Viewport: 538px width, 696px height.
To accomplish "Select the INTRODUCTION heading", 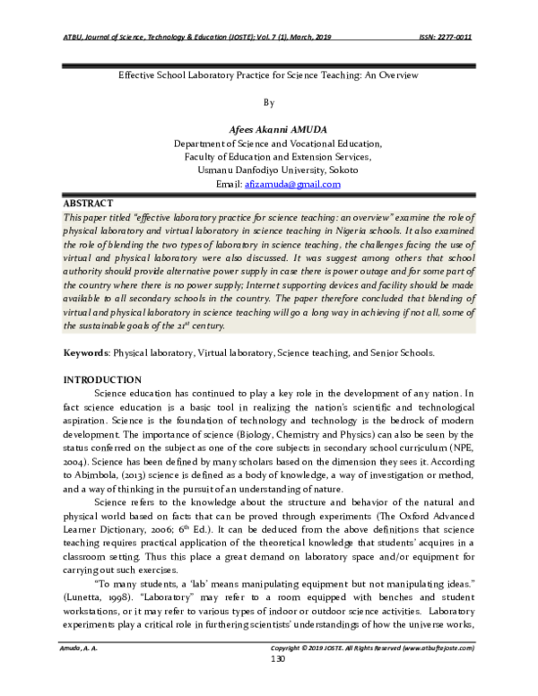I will click(x=101, y=380).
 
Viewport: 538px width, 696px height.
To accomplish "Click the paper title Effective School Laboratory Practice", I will click(x=269, y=77).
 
